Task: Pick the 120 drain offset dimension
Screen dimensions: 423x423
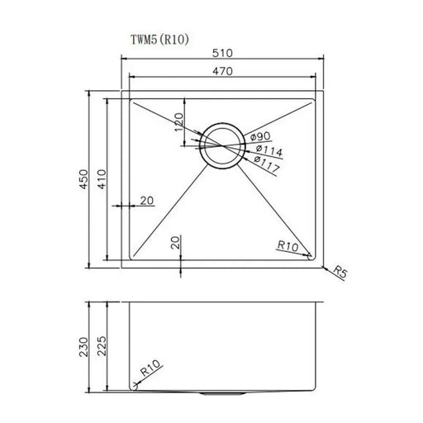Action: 177,123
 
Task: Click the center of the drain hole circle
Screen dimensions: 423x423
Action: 220,147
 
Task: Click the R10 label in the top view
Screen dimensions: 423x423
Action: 288,245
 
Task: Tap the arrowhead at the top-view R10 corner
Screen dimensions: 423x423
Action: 311,257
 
